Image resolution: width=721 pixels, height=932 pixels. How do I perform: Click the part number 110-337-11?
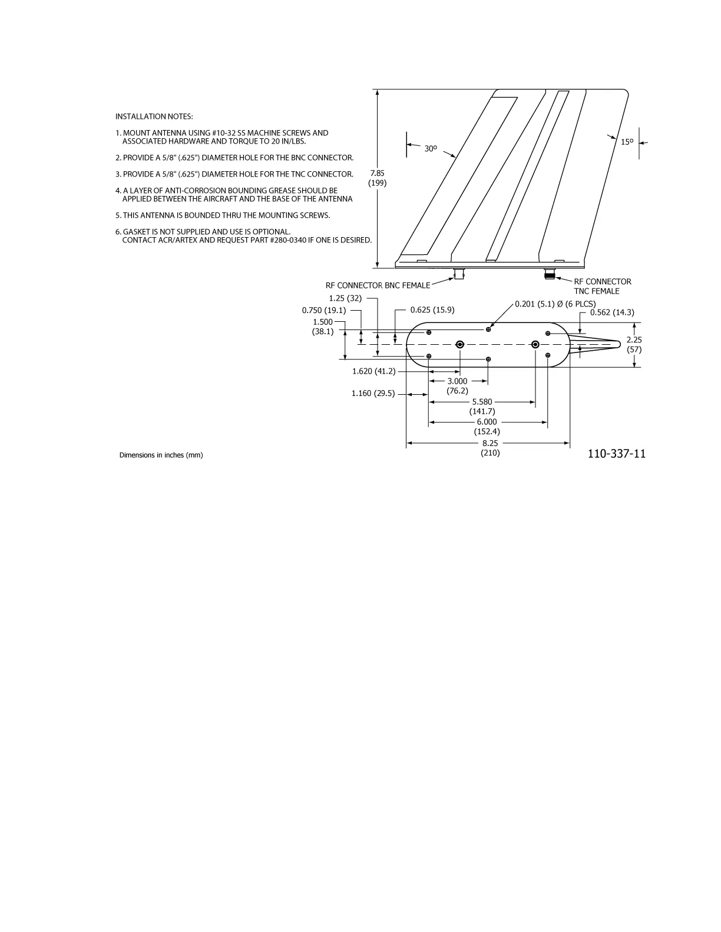616,454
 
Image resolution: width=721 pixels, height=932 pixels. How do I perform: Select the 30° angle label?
431,149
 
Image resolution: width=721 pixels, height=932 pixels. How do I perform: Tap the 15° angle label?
627,142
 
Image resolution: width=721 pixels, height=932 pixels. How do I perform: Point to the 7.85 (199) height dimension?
377,178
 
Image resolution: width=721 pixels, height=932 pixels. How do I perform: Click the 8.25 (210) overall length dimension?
490,448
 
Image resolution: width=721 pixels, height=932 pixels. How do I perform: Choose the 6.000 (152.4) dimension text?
487,427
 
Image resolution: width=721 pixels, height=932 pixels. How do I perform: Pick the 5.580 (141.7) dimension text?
482,407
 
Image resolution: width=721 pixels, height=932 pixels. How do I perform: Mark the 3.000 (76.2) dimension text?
457,386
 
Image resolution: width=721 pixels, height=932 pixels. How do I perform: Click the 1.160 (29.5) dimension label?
373,393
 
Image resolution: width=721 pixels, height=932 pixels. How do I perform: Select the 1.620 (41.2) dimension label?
373,371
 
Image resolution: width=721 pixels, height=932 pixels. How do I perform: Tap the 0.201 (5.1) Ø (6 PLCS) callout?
555,304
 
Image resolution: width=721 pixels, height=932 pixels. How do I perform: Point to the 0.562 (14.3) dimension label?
612,312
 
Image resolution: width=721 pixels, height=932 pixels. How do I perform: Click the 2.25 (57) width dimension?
634,345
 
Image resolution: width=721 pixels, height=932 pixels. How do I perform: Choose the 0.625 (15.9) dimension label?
432,310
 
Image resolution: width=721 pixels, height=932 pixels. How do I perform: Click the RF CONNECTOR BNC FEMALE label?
378,285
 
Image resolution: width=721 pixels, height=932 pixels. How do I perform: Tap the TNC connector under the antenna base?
550,274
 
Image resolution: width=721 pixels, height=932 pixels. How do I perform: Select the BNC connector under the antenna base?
459,274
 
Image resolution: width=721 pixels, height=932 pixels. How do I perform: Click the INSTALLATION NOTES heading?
154,116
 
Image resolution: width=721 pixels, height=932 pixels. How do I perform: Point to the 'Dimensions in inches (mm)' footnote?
161,455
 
